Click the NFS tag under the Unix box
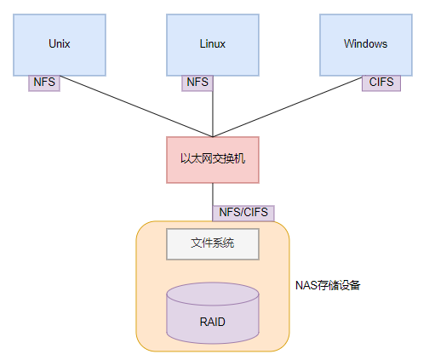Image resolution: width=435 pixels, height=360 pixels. pyautogui.click(x=44, y=83)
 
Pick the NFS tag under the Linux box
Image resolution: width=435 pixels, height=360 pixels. pyautogui.click(x=197, y=83)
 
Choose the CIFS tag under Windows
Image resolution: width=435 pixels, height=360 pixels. pyautogui.click(x=381, y=83)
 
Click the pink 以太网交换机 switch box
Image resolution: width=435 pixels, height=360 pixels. pyautogui.click(x=213, y=159)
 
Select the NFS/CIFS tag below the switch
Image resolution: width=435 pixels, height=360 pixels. pyautogui.click(x=243, y=212)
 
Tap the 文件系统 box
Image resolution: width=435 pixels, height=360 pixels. pyautogui.click(x=212, y=244)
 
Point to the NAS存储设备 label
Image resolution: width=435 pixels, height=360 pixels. pyautogui.click(x=328, y=285)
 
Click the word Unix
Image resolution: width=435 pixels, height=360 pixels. pyautogui.click(x=60, y=44)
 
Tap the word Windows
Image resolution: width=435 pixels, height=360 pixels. pyautogui.click(x=365, y=44)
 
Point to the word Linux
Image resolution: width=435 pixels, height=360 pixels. pyautogui.click(x=212, y=44)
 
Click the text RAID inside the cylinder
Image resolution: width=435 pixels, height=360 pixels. pyautogui.click(x=212, y=323)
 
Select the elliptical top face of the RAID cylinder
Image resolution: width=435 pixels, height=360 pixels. pyautogui.click(x=212, y=294)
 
